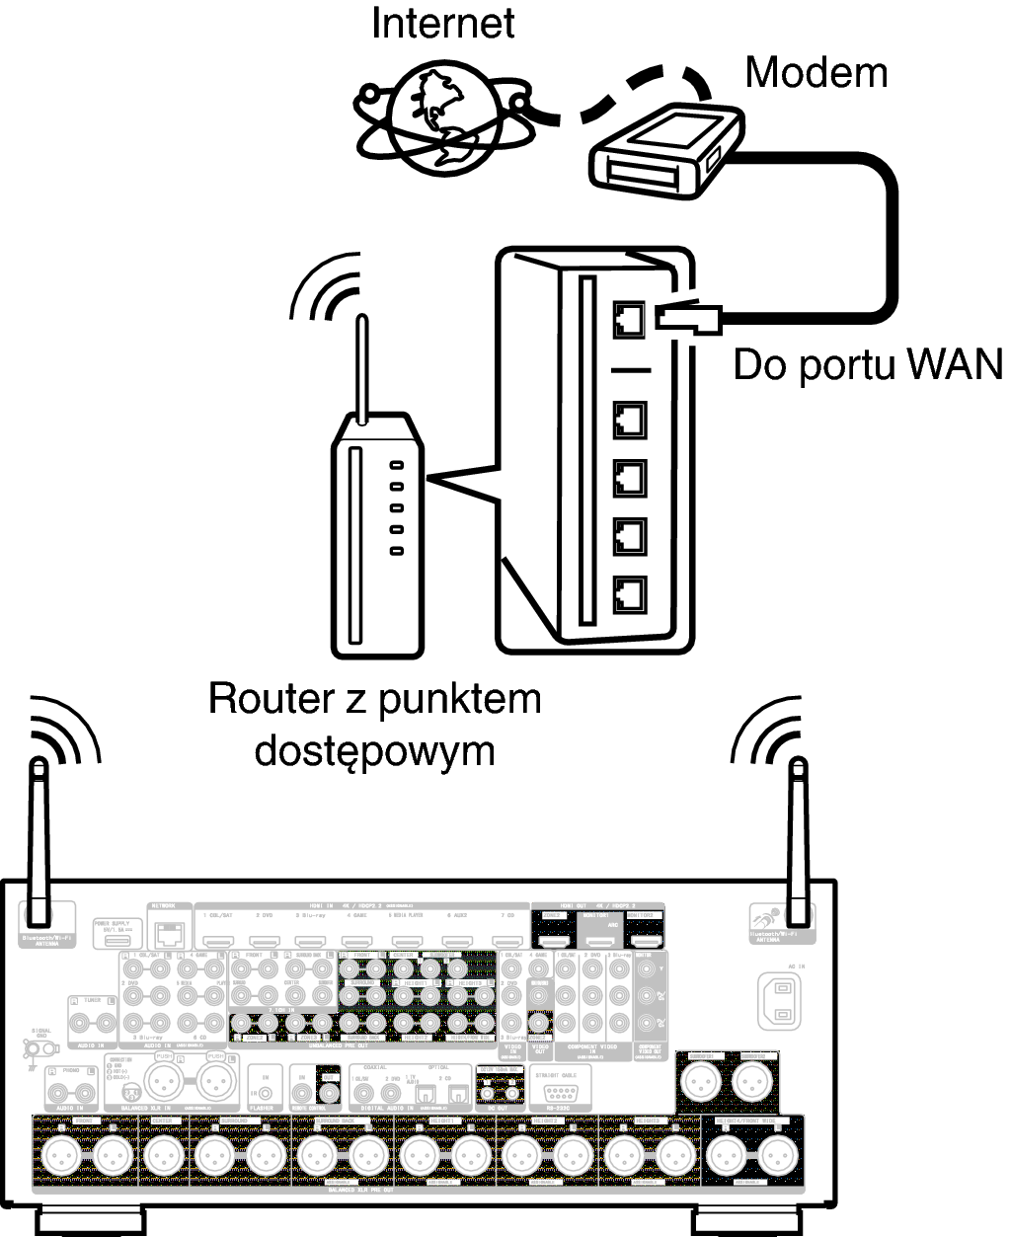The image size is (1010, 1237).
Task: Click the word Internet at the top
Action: [442, 23]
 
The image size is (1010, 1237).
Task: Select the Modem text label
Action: [816, 72]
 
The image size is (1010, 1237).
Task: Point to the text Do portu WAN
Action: [867, 365]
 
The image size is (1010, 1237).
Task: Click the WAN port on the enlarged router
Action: [628, 319]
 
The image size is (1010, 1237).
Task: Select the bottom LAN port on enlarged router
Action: [628, 592]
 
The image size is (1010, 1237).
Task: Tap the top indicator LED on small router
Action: [397, 465]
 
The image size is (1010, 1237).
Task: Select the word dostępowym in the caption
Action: [373, 751]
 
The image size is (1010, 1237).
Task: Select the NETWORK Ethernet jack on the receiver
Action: [170, 931]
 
